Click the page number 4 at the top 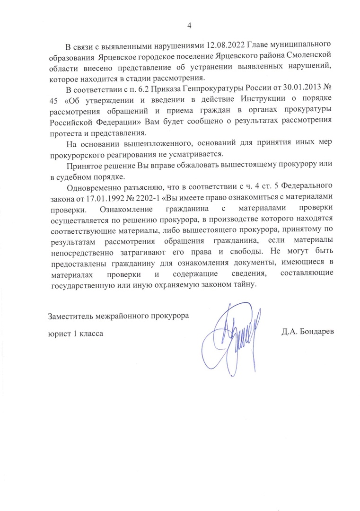[189, 26]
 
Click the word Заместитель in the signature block [74, 316]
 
